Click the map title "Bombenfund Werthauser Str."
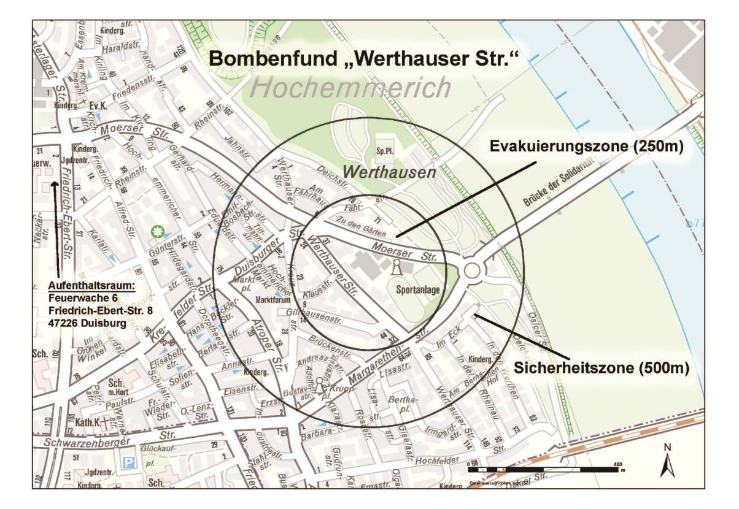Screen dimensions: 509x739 pos(364,59)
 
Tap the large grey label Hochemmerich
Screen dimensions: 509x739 pos(350,88)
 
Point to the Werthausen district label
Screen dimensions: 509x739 pos(389,172)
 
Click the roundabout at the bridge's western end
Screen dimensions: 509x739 pos(471,270)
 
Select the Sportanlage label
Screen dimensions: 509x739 pos(417,290)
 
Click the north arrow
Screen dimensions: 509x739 pos(667,461)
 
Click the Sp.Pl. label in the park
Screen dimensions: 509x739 pos(385,150)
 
